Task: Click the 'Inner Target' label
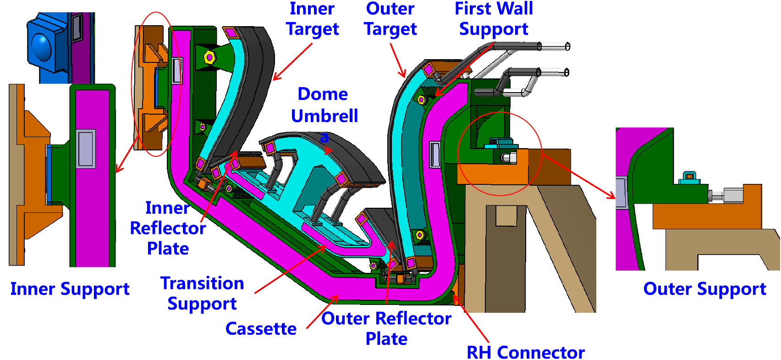(312, 19)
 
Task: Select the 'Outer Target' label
(390, 19)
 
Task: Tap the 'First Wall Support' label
(494, 19)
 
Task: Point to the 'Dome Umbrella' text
(324, 105)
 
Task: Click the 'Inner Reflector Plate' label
(168, 228)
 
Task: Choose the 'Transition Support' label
(202, 294)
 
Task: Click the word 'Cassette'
(261, 329)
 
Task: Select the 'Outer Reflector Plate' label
(386, 328)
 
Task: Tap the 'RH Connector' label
(525, 352)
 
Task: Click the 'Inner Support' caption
(70, 289)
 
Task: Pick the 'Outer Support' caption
(704, 289)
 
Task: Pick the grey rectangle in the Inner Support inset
(86, 149)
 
